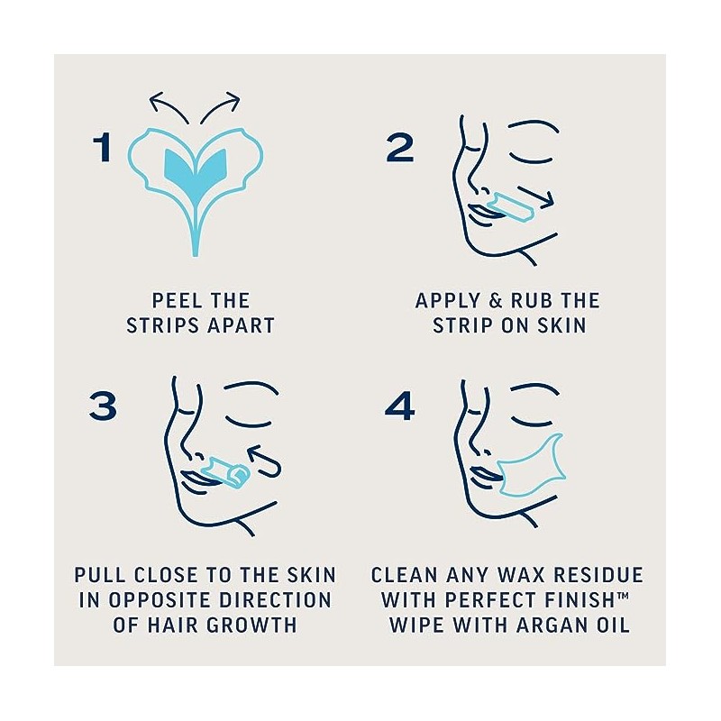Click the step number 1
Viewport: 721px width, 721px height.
(102, 147)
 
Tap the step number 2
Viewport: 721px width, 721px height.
(400, 147)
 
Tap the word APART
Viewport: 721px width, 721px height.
(241, 325)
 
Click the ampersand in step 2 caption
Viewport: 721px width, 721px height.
(495, 301)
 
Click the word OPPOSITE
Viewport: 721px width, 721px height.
(161, 600)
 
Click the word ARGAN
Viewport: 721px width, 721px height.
(548, 625)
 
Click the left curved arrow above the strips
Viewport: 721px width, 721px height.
(169, 105)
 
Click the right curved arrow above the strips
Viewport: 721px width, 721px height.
(221, 105)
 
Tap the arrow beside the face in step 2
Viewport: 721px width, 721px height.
(535, 196)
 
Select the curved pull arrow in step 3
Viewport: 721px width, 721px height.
(267, 462)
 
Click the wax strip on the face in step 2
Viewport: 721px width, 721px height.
(511, 207)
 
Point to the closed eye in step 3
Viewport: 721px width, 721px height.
(249, 421)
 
